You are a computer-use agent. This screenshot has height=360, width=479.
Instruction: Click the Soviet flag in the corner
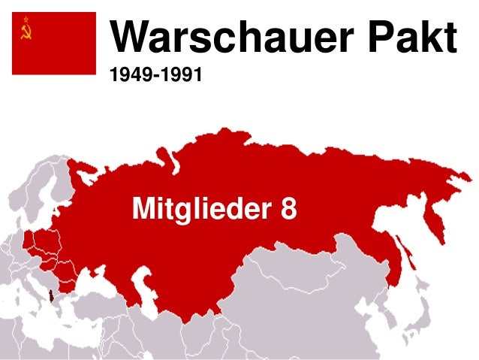53,43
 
